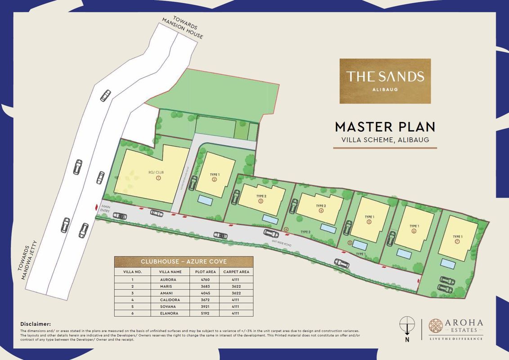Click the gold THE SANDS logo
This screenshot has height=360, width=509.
tap(385, 81)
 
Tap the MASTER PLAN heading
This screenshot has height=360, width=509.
tap(385, 126)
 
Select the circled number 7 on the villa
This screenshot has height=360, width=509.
tap(457, 242)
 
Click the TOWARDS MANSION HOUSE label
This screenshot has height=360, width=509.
tap(182, 28)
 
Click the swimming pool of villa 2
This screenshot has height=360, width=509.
tap(206, 199)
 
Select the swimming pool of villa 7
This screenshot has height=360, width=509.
tap(447, 263)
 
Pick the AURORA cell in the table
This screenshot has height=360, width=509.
tap(167, 279)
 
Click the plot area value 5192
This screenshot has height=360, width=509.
tap(199, 313)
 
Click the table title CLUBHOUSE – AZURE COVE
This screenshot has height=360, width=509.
tap(183, 261)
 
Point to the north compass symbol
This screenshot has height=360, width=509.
tap(407, 324)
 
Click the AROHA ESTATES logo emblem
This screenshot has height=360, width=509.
tap(436, 326)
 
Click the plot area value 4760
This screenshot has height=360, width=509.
tap(199, 279)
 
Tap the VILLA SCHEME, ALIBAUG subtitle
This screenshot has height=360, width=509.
tap(385, 139)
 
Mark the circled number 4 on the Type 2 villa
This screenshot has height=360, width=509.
tap(321, 210)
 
